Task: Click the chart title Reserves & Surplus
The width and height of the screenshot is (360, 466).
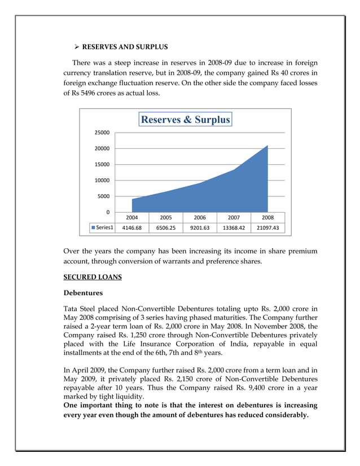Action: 185,120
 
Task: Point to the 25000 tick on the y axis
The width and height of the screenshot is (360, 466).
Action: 102,133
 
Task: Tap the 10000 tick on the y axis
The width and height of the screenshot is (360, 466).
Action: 102,181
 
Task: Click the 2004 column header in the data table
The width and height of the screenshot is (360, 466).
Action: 131,217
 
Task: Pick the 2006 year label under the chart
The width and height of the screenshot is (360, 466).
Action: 200,217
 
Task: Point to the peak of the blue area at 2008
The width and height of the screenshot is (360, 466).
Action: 267,146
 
